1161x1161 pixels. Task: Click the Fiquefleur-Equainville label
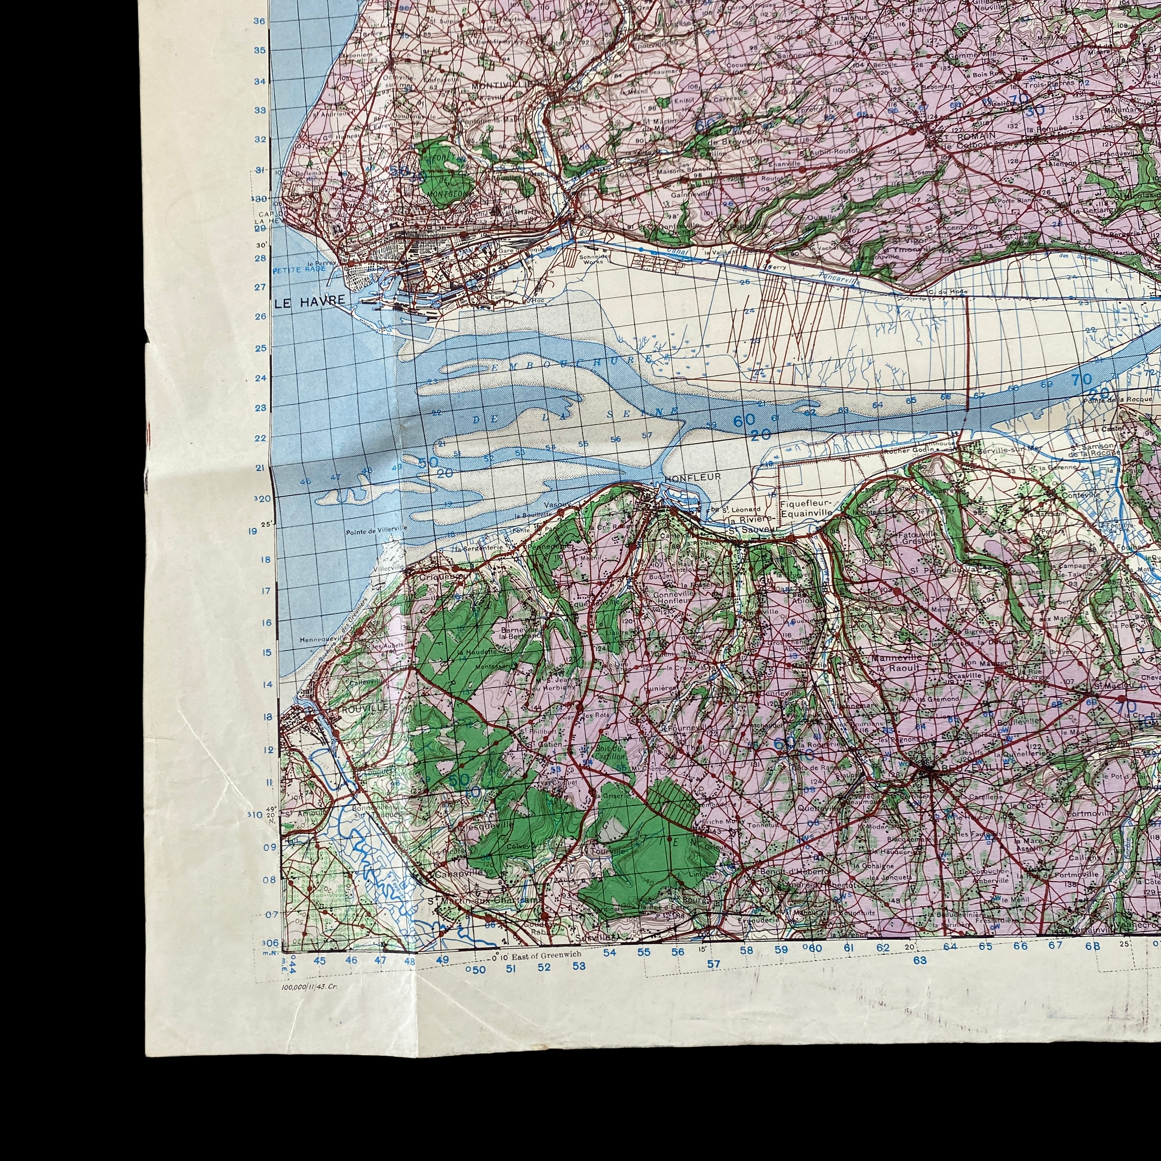click(x=806, y=509)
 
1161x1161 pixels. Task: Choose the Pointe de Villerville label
click(x=377, y=529)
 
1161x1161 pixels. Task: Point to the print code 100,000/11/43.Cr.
click(x=310, y=986)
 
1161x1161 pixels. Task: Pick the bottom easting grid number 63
click(x=920, y=960)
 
